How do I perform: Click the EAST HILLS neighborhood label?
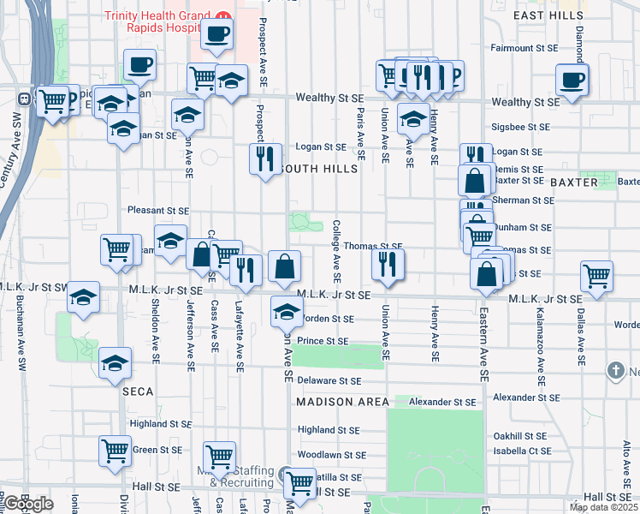[548, 16]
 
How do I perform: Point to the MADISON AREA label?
[343, 402]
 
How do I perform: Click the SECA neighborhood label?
[136, 391]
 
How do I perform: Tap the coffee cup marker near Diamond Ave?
[572, 81]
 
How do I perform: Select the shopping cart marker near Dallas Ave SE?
[596, 277]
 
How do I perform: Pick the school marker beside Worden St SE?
[287, 312]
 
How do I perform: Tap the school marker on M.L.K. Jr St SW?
[83, 297]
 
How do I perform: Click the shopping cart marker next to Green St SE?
[116, 451]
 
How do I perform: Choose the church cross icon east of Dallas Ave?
[614, 371]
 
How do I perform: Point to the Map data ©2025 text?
[603, 507]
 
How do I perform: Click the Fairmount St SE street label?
[524, 48]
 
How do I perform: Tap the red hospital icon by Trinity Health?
[223, 16]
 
